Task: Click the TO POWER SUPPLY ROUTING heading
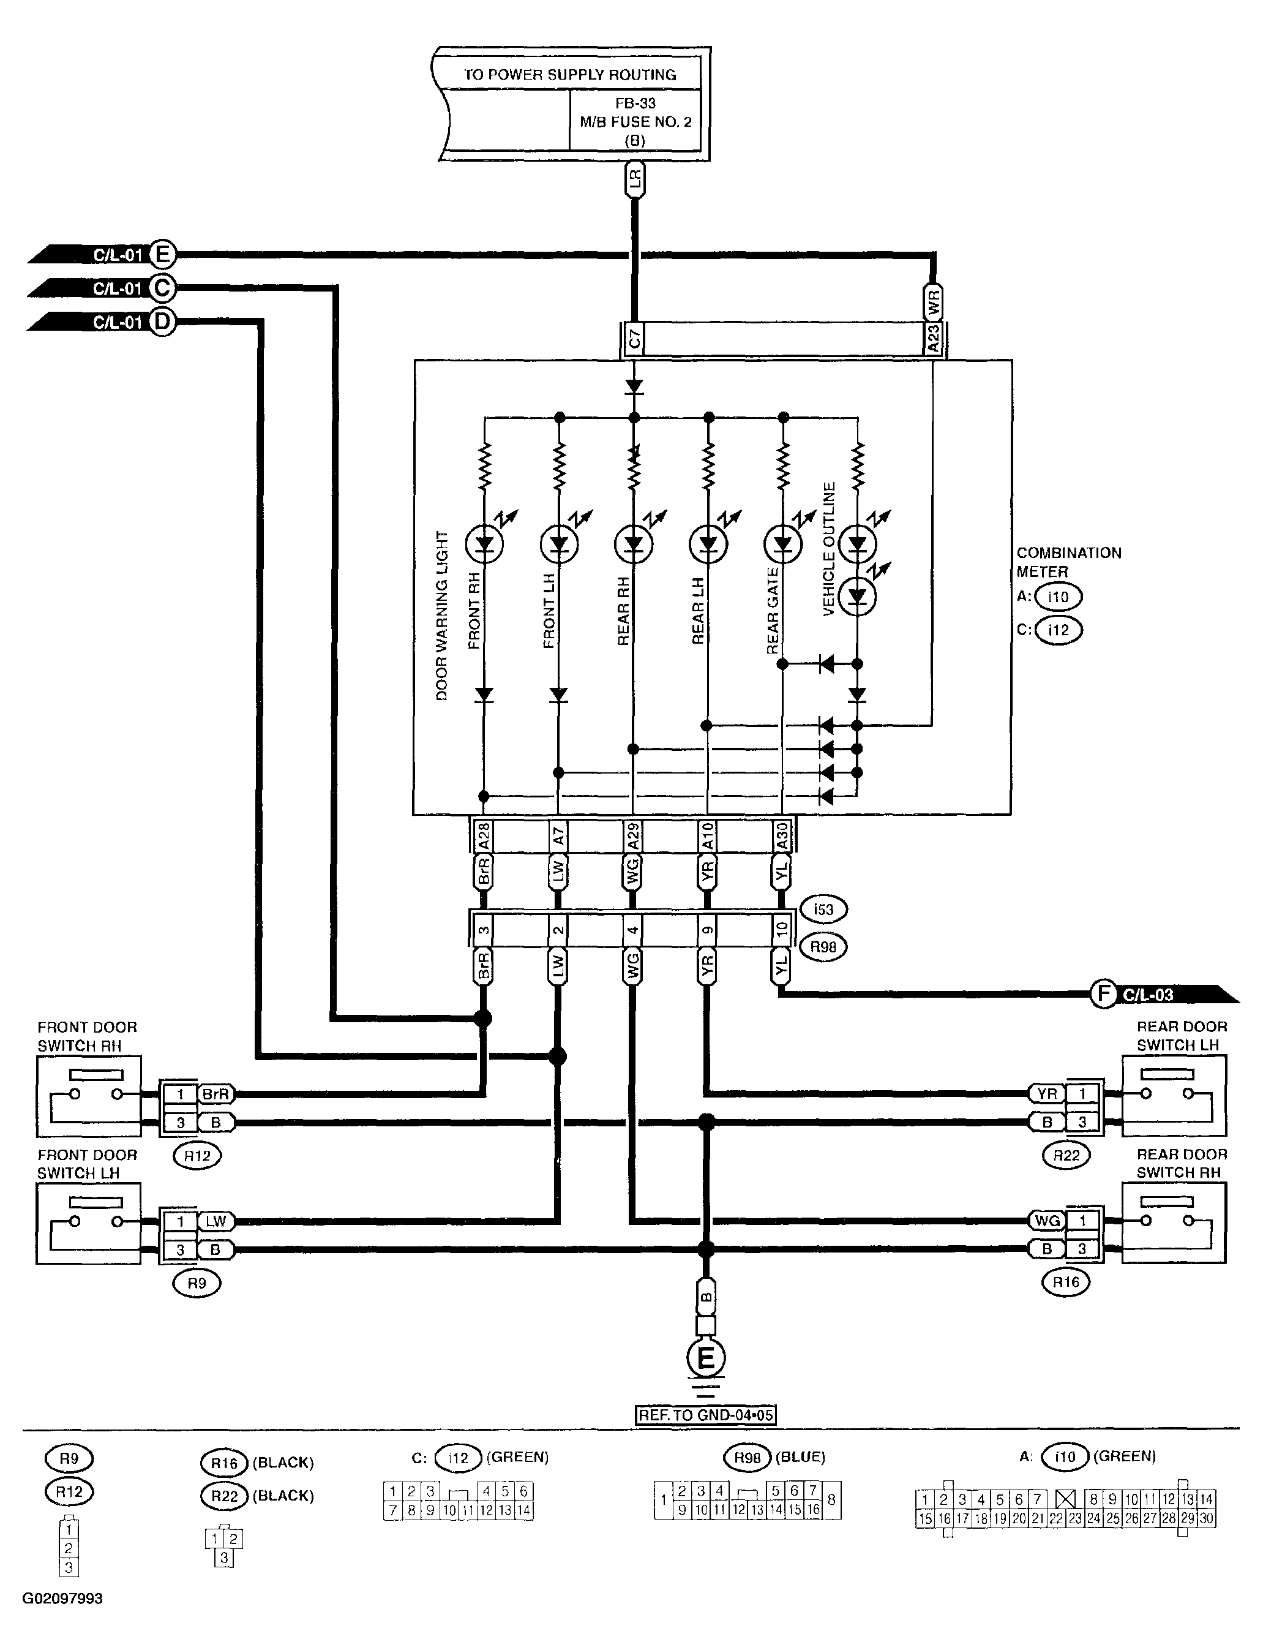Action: point(569,75)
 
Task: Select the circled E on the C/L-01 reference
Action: point(161,255)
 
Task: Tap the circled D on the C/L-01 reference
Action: point(161,322)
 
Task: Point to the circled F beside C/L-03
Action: point(1103,993)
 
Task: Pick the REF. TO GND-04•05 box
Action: point(705,1415)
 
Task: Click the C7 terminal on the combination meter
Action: point(634,340)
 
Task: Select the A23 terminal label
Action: point(933,339)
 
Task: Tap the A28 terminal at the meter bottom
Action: point(484,835)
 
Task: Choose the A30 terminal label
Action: point(782,835)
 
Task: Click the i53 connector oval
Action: point(823,910)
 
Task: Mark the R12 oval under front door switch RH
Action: point(197,1155)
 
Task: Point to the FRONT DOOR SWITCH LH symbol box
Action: point(89,1223)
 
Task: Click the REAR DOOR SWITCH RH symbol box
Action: point(1174,1223)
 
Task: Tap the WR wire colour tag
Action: point(933,303)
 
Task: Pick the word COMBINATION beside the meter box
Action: point(1069,553)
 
